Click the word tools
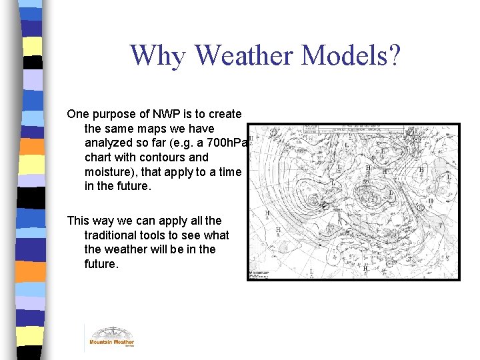(x=156, y=235)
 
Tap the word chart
(x=99, y=157)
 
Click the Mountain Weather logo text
(x=111, y=343)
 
